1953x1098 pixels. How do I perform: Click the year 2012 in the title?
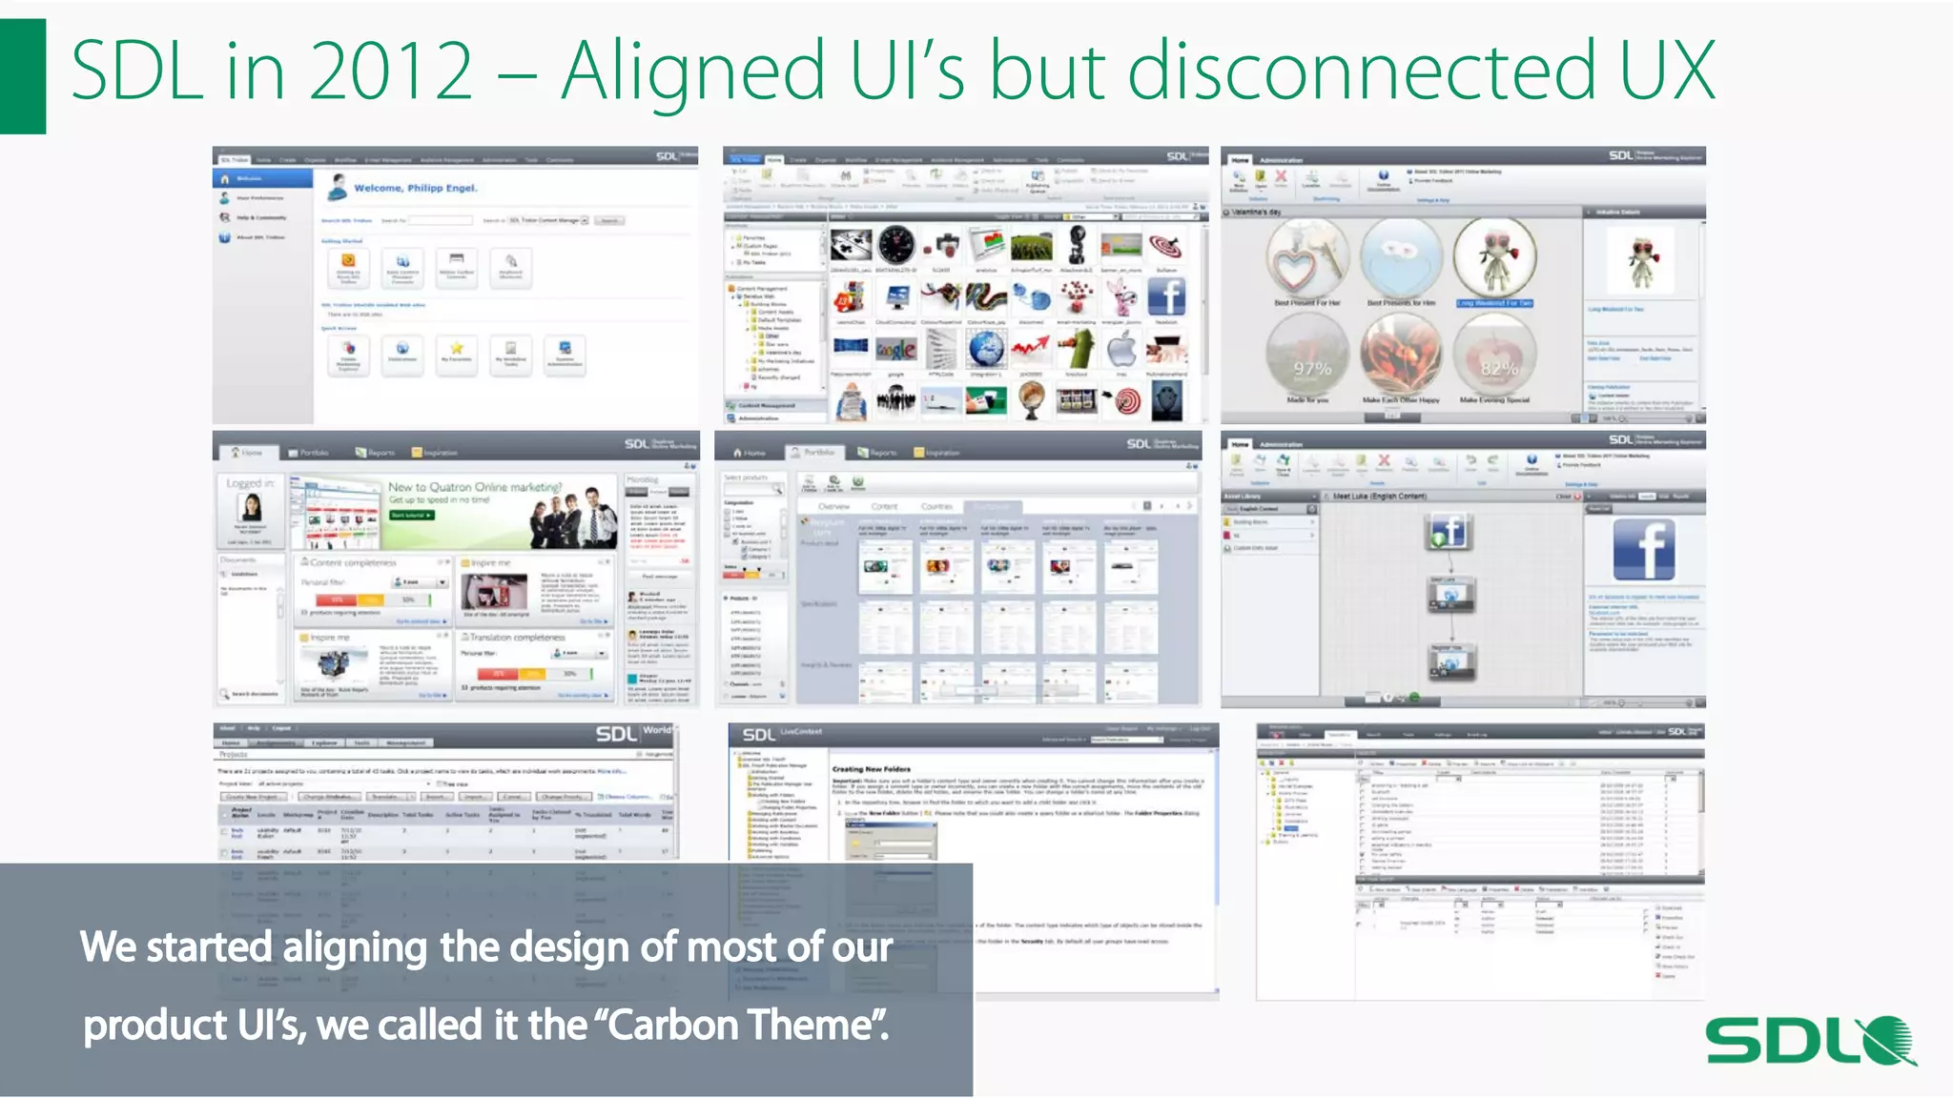pos(391,71)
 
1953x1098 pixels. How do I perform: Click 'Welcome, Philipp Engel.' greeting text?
pos(416,188)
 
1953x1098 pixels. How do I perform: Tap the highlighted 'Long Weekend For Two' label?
pos(1494,303)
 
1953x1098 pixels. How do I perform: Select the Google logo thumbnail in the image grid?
pos(896,350)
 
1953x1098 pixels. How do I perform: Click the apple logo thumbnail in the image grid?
pos(1122,350)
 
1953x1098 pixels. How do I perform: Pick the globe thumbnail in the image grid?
pos(987,350)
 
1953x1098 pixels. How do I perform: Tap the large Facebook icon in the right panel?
pos(1644,551)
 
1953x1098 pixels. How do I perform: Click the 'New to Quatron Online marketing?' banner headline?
pos(475,487)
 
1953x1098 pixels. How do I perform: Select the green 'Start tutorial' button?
pos(412,515)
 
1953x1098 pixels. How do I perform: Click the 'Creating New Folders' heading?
pos(871,769)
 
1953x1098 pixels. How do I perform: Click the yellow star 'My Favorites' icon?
pos(457,349)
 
